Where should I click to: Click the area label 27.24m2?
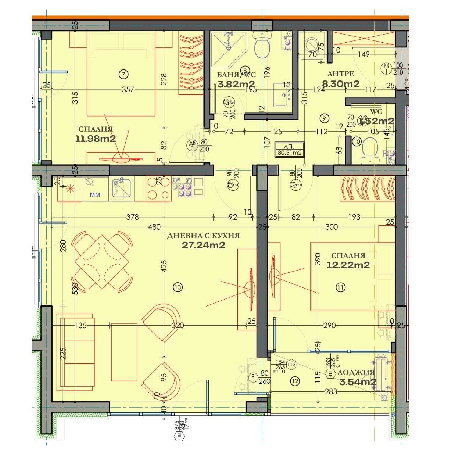(203, 246)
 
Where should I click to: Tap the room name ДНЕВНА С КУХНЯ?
(203, 236)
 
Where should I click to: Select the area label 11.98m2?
(96, 139)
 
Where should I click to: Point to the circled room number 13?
(178, 287)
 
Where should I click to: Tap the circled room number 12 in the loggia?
(294, 381)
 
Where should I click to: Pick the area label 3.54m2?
(358, 382)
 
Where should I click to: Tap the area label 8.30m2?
(341, 84)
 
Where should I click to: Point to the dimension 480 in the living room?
(154, 227)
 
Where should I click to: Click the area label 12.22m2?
(348, 265)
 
